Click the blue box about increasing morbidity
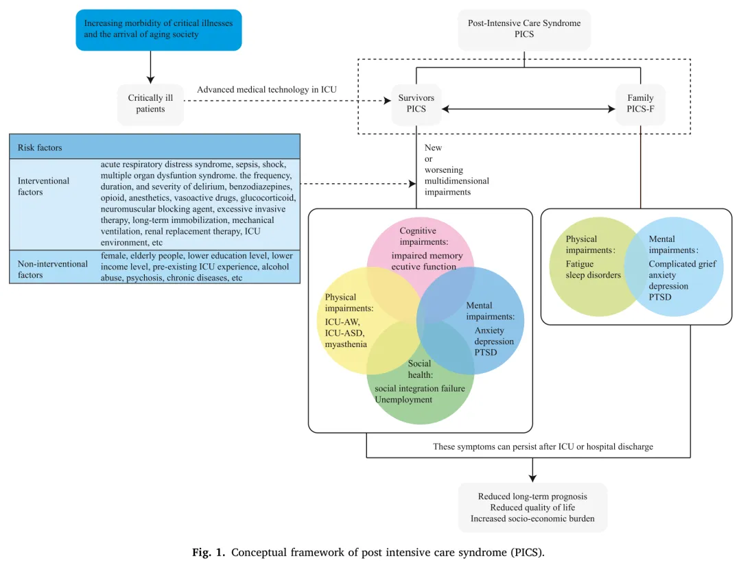158,29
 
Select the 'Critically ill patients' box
150,104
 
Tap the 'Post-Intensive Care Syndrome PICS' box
524,29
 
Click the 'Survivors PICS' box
416,104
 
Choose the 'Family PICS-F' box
640,104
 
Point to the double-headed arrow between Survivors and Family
528,108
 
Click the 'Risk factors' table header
154,147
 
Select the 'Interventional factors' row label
44,187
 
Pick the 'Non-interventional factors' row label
53,269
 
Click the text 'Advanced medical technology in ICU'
267,90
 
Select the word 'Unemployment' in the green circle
403,400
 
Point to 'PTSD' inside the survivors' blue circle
486,352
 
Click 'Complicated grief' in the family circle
682,264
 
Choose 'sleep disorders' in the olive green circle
593,275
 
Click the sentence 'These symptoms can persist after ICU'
543,446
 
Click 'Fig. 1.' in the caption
211,552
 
